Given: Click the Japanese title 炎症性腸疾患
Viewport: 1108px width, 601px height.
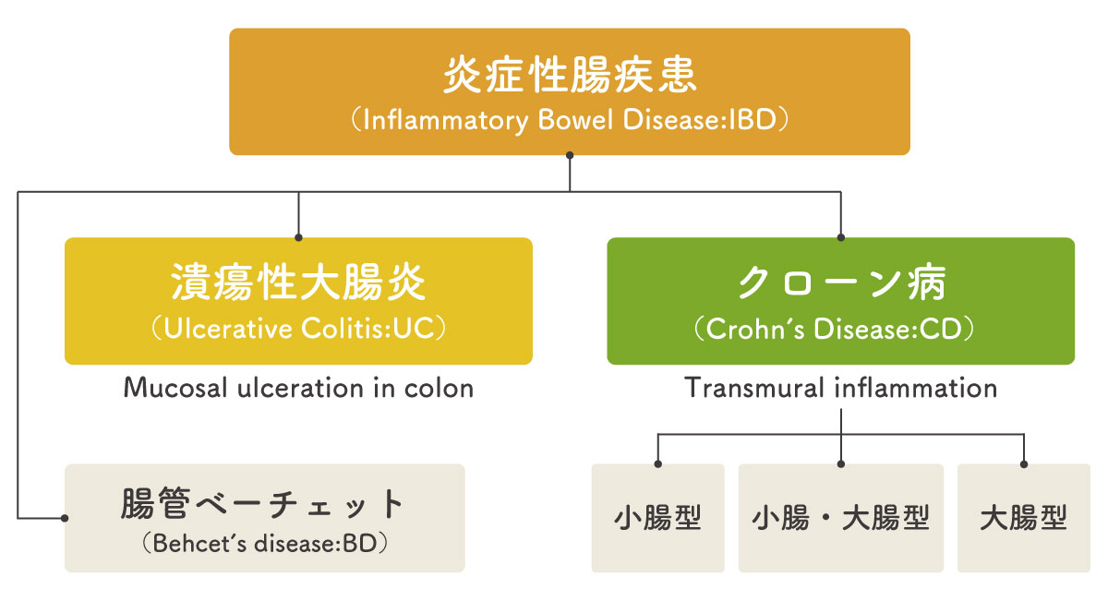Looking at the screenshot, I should (570, 75).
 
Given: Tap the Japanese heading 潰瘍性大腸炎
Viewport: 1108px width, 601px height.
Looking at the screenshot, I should (298, 283).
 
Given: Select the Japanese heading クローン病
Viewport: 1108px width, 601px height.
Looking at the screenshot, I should (840, 283).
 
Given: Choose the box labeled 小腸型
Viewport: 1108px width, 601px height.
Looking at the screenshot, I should (658, 518).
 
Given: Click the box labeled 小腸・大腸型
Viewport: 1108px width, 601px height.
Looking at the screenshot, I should (840, 518).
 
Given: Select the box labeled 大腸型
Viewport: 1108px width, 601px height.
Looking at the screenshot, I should (1023, 518).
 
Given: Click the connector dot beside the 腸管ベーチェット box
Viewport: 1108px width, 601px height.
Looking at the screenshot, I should (65, 518).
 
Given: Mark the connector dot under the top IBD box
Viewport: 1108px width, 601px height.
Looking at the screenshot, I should (570, 156).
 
